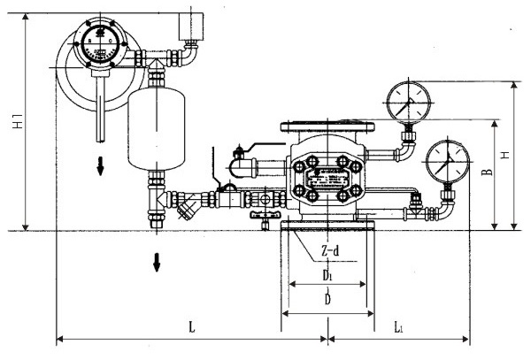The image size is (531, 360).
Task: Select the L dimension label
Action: [192, 326]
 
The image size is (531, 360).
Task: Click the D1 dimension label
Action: [327, 276]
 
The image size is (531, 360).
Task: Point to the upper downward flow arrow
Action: [101, 165]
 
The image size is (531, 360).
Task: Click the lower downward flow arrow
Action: [157, 262]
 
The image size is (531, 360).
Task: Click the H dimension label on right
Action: [505, 155]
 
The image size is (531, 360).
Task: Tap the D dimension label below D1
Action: [327, 300]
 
